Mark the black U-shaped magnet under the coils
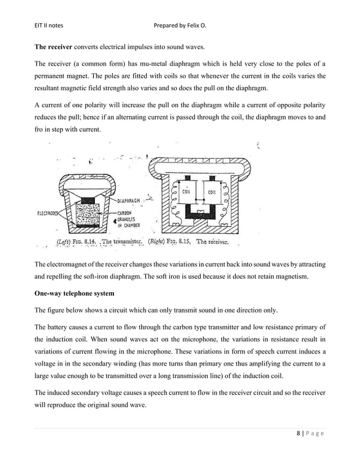point(200,212)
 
